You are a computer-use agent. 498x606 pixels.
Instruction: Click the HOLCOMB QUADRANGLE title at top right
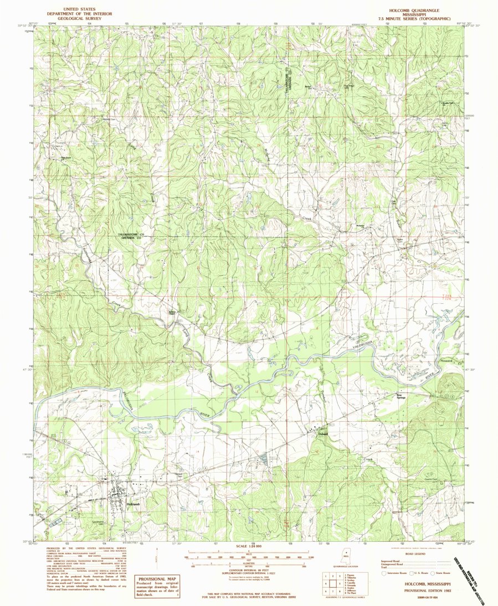point(419,10)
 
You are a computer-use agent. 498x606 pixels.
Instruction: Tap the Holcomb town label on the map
point(134,504)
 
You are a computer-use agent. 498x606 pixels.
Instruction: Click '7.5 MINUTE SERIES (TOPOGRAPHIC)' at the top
point(419,18)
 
